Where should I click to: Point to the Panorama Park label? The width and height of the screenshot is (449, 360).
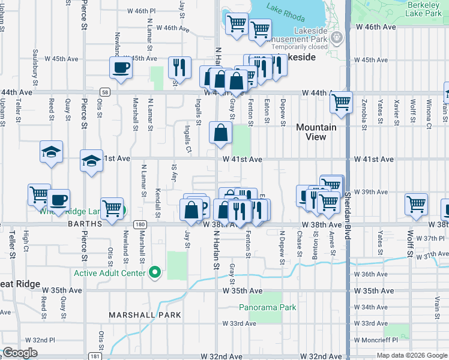pyautogui.click(x=268, y=307)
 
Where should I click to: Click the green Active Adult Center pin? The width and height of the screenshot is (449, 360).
pyautogui.click(x=155, y=273)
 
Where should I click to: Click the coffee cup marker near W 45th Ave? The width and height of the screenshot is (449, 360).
pyautogui.click(x=121, y=67)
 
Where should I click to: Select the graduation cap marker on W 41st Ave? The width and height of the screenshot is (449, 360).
pyautogui.click(x=91, y=161)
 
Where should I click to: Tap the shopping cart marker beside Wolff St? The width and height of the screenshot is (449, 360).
pyautogui.click(x=416, y=205)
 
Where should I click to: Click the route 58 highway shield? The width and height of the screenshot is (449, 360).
pyautogui.click(x=106, y=92)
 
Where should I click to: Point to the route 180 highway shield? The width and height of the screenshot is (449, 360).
pyautogui.click(x=139, y=224)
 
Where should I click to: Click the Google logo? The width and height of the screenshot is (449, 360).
pyautogui.click(x=20, y=353)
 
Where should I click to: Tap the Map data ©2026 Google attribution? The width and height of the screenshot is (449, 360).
pyautogui.click(x=411, y=355)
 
